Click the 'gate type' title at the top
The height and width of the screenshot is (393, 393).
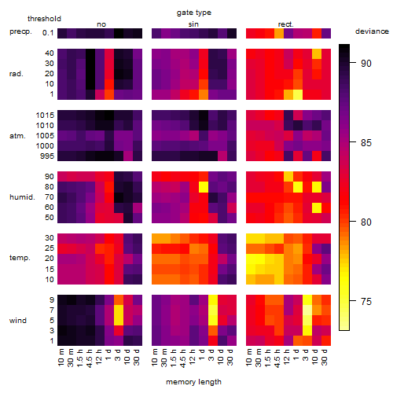[194, 13]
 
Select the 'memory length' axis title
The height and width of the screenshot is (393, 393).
[193, 382]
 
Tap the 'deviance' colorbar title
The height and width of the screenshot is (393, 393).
[372, 31]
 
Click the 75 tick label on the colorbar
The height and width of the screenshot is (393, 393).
[366, 301]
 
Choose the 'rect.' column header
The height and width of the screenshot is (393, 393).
[286, 24]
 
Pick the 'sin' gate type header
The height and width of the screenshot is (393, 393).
[193, 24]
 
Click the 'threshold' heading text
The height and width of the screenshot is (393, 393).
[44, 19]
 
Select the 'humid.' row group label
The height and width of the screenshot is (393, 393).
[22, 197]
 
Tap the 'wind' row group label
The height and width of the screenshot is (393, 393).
[18, 321]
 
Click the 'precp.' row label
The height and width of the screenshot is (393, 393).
[20, 31]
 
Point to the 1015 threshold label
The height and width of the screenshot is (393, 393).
[45, 116]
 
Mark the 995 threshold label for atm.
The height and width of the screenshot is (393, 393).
[47, 156]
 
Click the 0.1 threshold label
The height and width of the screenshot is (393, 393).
[48, 33]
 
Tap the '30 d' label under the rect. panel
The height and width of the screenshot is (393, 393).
[324, 358]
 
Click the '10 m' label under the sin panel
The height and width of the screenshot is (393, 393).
[155, 358]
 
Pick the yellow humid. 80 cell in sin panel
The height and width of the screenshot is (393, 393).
[204, 187]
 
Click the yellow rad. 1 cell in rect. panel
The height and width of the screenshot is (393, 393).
[298, 94]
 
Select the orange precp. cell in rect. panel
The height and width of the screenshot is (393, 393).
[279, 33]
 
